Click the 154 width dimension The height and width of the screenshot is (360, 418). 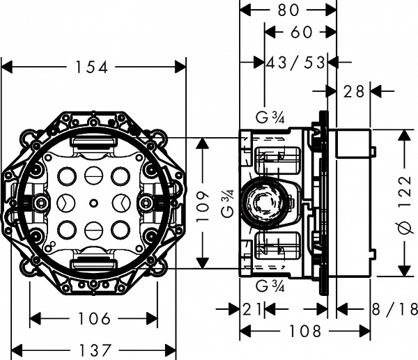point(93,67)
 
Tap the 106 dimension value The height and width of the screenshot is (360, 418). point(93,319)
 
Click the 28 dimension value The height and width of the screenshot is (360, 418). point(354,90)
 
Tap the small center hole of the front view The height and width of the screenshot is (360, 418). point(93,204)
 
